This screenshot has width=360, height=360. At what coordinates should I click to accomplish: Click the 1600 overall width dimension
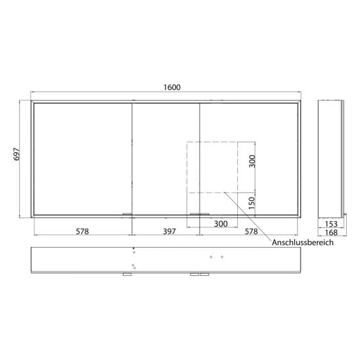click(x=172, y=87)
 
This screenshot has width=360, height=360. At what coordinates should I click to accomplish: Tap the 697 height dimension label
click(x=17, y=154)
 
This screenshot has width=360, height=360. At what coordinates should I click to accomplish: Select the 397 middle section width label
click(x=169, y=231)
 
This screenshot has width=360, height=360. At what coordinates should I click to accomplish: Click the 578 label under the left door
click(x=82, y=231)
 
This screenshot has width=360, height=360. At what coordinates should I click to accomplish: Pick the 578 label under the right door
click(x=252, y=231)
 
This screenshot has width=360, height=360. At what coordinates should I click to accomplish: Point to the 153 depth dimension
click(x=331, y=224)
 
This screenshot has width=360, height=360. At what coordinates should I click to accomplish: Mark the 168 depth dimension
click(x=331, y=233)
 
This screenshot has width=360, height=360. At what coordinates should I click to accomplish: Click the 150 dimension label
click(x=252, y=203)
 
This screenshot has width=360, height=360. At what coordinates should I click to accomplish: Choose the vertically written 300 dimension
click(x=252, y=161)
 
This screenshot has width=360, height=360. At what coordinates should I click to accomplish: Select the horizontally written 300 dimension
click(x=221, y=223)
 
